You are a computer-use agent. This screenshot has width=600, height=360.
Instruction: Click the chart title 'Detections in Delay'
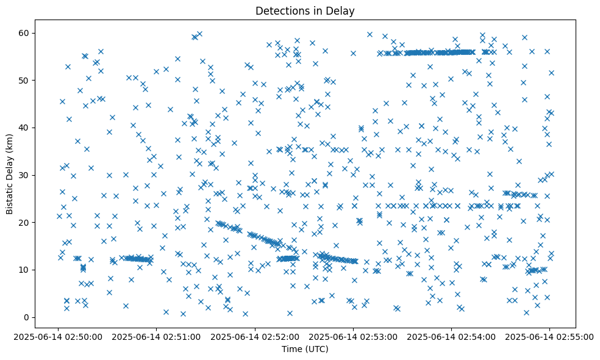point(305,11)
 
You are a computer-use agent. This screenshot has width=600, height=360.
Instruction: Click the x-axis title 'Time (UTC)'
point(305,349)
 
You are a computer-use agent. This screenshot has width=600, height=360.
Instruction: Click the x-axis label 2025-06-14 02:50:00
point(59,336)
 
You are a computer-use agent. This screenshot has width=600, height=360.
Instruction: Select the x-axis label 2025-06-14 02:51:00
point(157,336)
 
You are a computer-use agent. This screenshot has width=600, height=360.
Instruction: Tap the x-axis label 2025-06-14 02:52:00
point(255,336)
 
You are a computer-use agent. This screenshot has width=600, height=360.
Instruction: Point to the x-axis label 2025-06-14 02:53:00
point(353,336)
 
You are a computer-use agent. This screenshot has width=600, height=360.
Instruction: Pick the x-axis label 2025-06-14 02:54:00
point(451,336)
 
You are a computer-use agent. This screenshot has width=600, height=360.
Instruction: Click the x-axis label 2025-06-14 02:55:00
point(549,336)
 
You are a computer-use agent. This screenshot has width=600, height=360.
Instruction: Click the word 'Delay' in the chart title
point(343,11)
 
